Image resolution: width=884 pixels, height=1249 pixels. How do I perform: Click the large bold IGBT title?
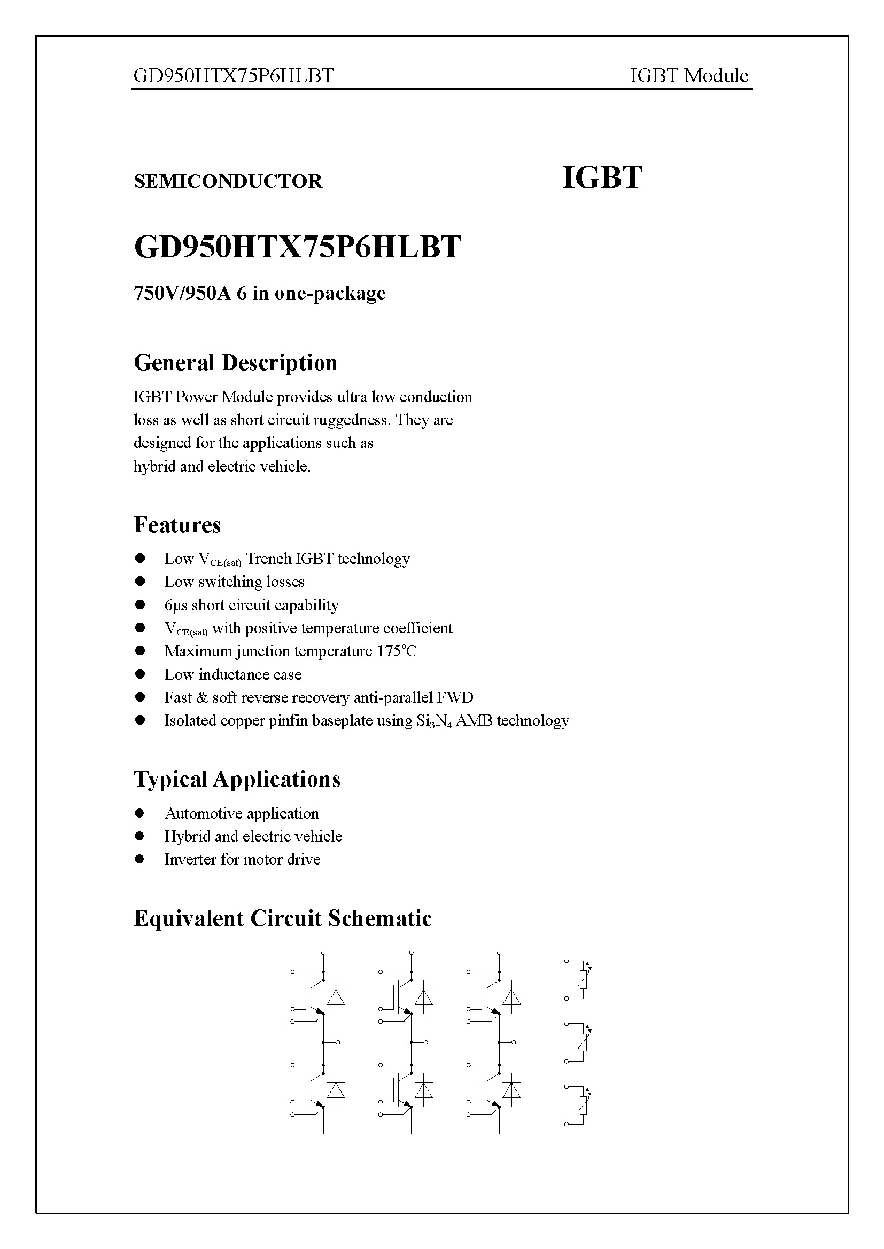click(601, 178)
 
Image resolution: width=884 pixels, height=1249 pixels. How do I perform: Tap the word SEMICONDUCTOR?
click(228, 181)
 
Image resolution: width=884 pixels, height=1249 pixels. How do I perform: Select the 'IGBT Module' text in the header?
click(688, 76)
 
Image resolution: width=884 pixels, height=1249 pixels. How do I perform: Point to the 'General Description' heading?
click(235, 363)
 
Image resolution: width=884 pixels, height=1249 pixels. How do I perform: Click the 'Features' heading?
click(177, 525)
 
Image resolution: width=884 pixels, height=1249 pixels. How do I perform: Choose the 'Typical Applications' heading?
click(237, 779)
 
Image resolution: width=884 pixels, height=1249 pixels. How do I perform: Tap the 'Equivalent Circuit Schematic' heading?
click(283, 918)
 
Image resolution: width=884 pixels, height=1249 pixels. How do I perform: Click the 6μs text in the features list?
click(175, 605)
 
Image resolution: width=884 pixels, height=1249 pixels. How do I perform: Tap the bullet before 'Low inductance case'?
click(140, 674)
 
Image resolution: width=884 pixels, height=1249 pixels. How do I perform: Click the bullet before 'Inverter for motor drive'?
click(140, 859)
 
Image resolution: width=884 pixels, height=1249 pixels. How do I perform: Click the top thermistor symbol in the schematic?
click(583, 980)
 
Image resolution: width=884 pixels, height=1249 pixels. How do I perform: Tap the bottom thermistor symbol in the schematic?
click(583, 1105)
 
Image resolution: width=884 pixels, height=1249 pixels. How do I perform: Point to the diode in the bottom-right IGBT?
click(511, 1090)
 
